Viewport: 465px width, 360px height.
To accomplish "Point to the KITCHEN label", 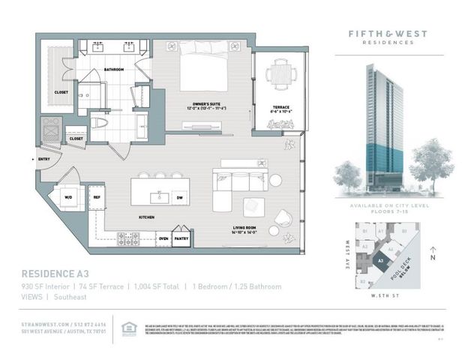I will [x=146, y=217].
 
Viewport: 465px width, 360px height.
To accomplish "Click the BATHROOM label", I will [x=114, y=70].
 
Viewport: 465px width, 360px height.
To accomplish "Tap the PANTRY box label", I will [x=181, y=239].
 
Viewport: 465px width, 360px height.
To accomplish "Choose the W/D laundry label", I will [x=69, y=198].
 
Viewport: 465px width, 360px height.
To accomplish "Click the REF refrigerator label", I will [x=97, y=197].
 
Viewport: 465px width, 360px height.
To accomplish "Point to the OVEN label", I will [x=162, y=239].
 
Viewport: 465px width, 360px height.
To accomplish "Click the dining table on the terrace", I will [x=279, y=74].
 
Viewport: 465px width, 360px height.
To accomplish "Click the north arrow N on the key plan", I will [x=433, y=256].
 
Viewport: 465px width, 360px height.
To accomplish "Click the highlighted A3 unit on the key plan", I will [x=382, y=261].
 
